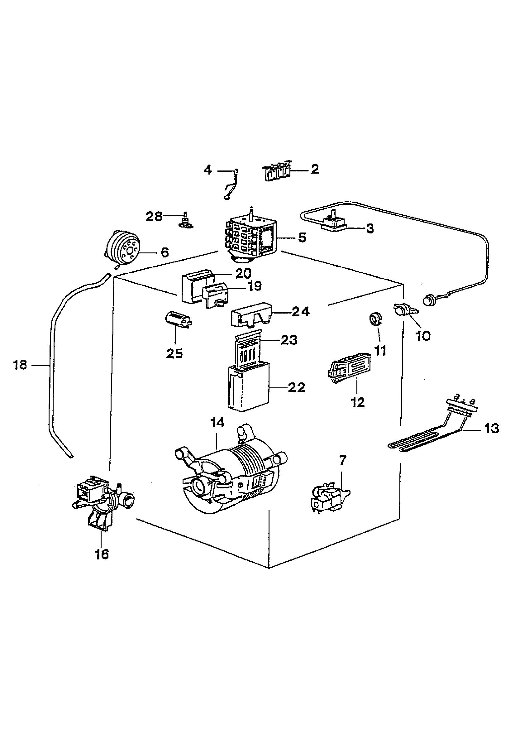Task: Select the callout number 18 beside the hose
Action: pos(20,365)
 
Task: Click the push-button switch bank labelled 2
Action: pos(276,171)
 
